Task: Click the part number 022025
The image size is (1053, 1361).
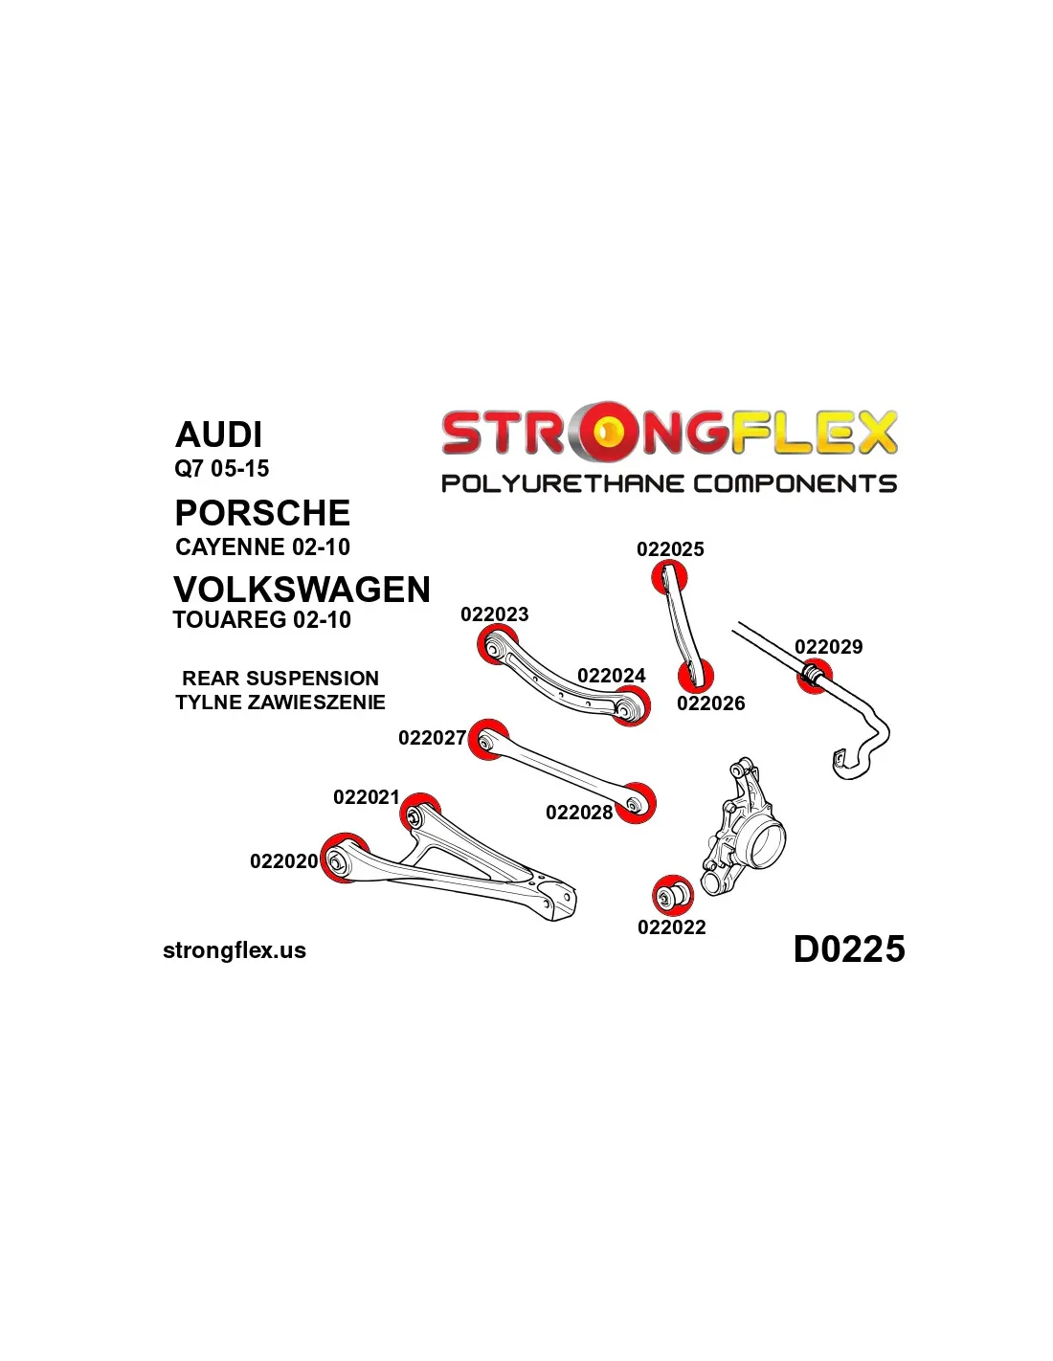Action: [670, 548]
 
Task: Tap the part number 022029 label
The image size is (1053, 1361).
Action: [828, 646]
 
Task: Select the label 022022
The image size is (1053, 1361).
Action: [671, 927]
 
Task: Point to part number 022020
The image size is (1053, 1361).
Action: [283, 861]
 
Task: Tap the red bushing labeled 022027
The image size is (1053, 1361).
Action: [488, 739]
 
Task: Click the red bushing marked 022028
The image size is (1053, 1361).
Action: [636, 803]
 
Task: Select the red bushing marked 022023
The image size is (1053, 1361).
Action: [498, 646]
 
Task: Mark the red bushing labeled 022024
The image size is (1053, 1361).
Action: [630, 706]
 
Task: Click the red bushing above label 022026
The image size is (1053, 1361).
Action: [696, 675]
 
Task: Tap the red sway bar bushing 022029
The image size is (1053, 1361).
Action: [814, 677]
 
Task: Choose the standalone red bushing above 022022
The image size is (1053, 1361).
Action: [672, 896]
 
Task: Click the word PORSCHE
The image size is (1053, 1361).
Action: [262, 513]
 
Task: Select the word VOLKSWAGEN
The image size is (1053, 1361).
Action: [302, 590]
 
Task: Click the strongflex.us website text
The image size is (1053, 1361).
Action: [235, 950]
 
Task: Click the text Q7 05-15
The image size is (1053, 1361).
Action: [222, 468]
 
